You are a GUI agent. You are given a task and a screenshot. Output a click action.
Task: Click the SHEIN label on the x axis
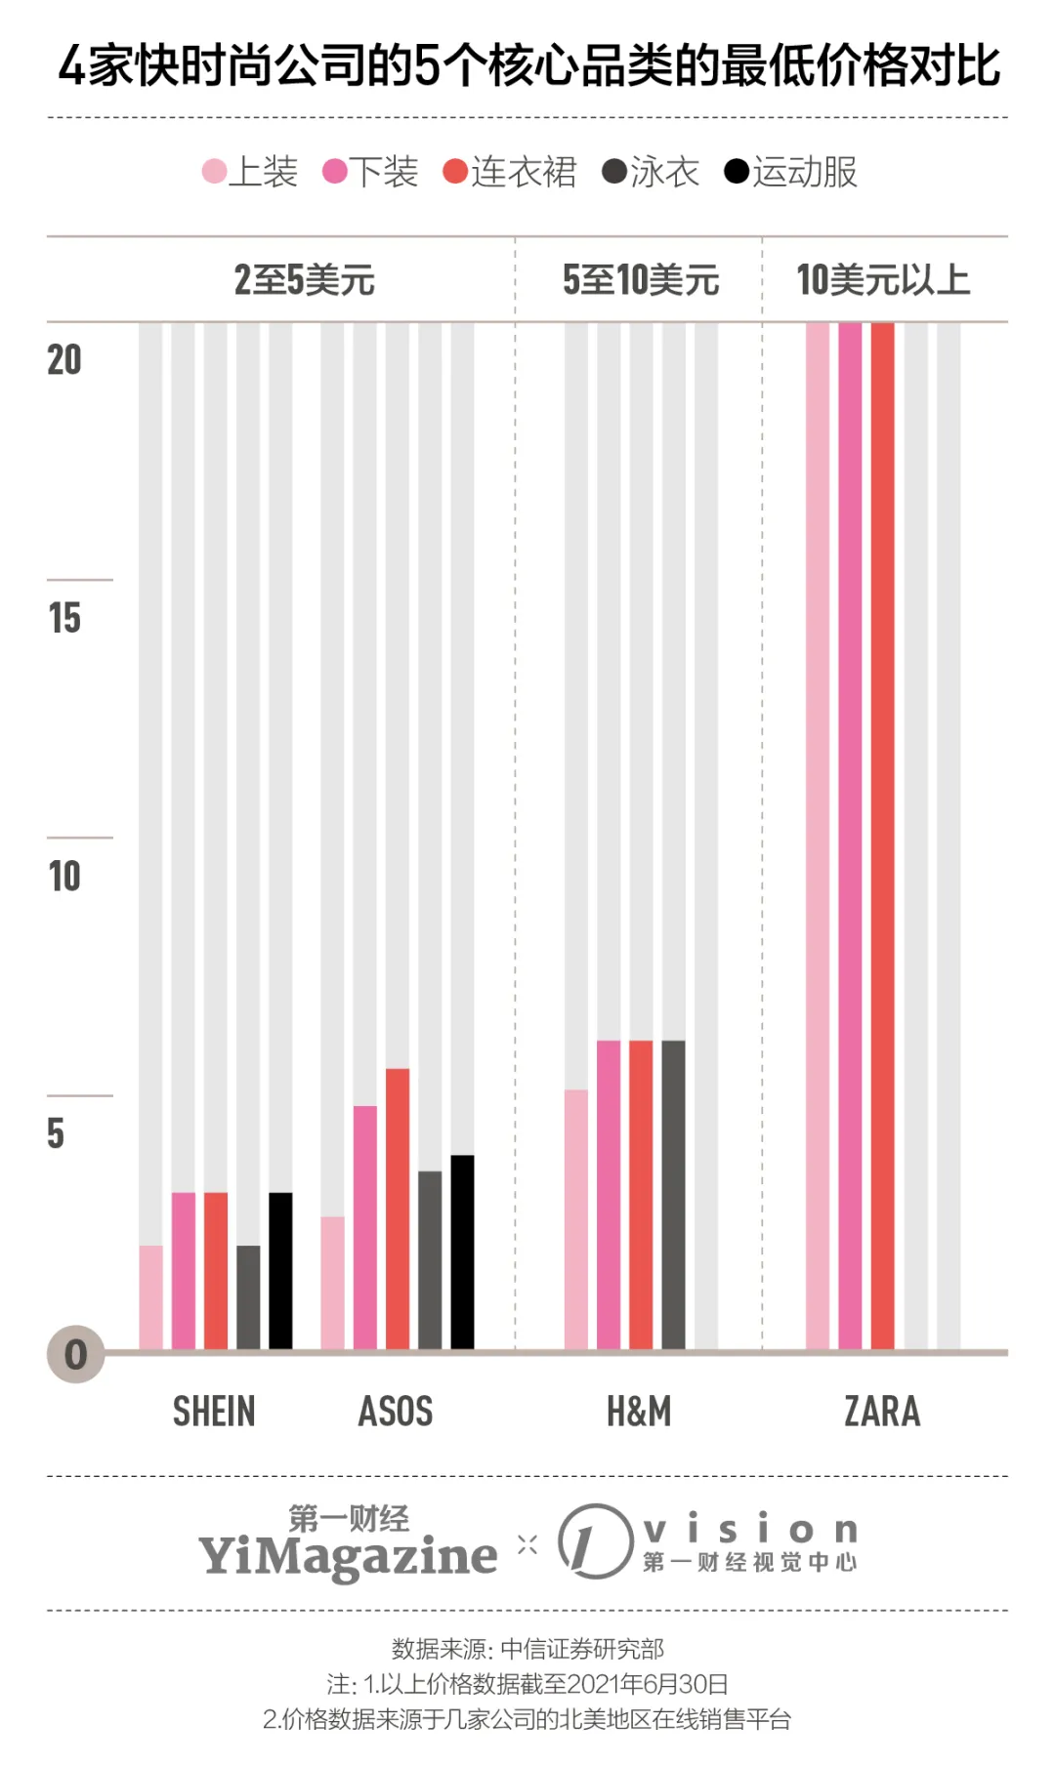214,1412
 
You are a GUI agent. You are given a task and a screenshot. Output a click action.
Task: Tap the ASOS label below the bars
396,1412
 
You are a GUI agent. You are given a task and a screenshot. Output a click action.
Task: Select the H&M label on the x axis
639,1412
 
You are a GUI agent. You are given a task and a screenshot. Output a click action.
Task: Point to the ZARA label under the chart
882,1412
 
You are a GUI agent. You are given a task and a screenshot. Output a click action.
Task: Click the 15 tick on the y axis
64,618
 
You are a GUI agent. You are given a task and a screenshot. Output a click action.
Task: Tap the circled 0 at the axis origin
75,1354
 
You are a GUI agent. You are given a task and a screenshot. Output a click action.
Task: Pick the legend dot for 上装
214,172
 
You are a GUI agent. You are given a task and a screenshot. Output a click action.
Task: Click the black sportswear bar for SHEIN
280,1270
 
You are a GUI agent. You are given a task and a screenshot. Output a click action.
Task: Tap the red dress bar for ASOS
398,1209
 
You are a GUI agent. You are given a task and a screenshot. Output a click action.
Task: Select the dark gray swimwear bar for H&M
673,1195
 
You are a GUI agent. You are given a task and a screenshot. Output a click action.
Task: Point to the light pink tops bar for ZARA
818,836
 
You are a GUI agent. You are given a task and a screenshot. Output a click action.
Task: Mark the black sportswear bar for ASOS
462,1252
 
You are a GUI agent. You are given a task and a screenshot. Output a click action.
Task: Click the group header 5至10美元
640,280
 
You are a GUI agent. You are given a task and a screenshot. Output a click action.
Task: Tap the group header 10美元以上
883,280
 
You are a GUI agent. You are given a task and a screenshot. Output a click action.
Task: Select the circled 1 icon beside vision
595,1541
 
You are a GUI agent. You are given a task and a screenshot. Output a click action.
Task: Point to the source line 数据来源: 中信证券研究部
527,1649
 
